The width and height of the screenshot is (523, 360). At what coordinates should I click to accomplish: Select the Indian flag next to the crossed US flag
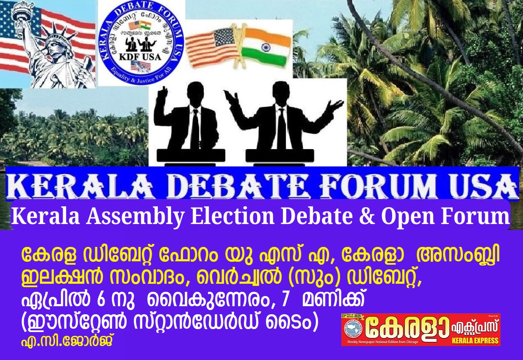(266, 47)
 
